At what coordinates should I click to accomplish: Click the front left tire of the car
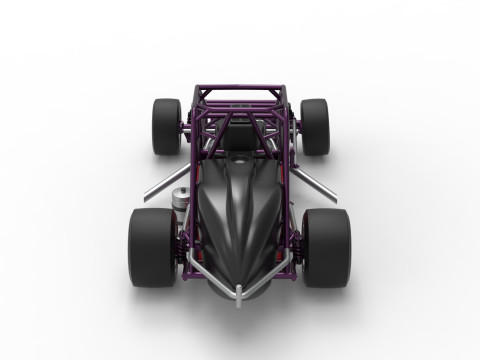[151, 247]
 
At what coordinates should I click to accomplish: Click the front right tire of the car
[327, 247]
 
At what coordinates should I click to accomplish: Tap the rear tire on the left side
[166, 126]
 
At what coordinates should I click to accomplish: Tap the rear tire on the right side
[314, 126]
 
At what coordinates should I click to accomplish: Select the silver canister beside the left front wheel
[181, 199]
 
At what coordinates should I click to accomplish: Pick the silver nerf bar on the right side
[318, 186]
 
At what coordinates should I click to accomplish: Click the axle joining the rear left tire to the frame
[185, 127]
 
